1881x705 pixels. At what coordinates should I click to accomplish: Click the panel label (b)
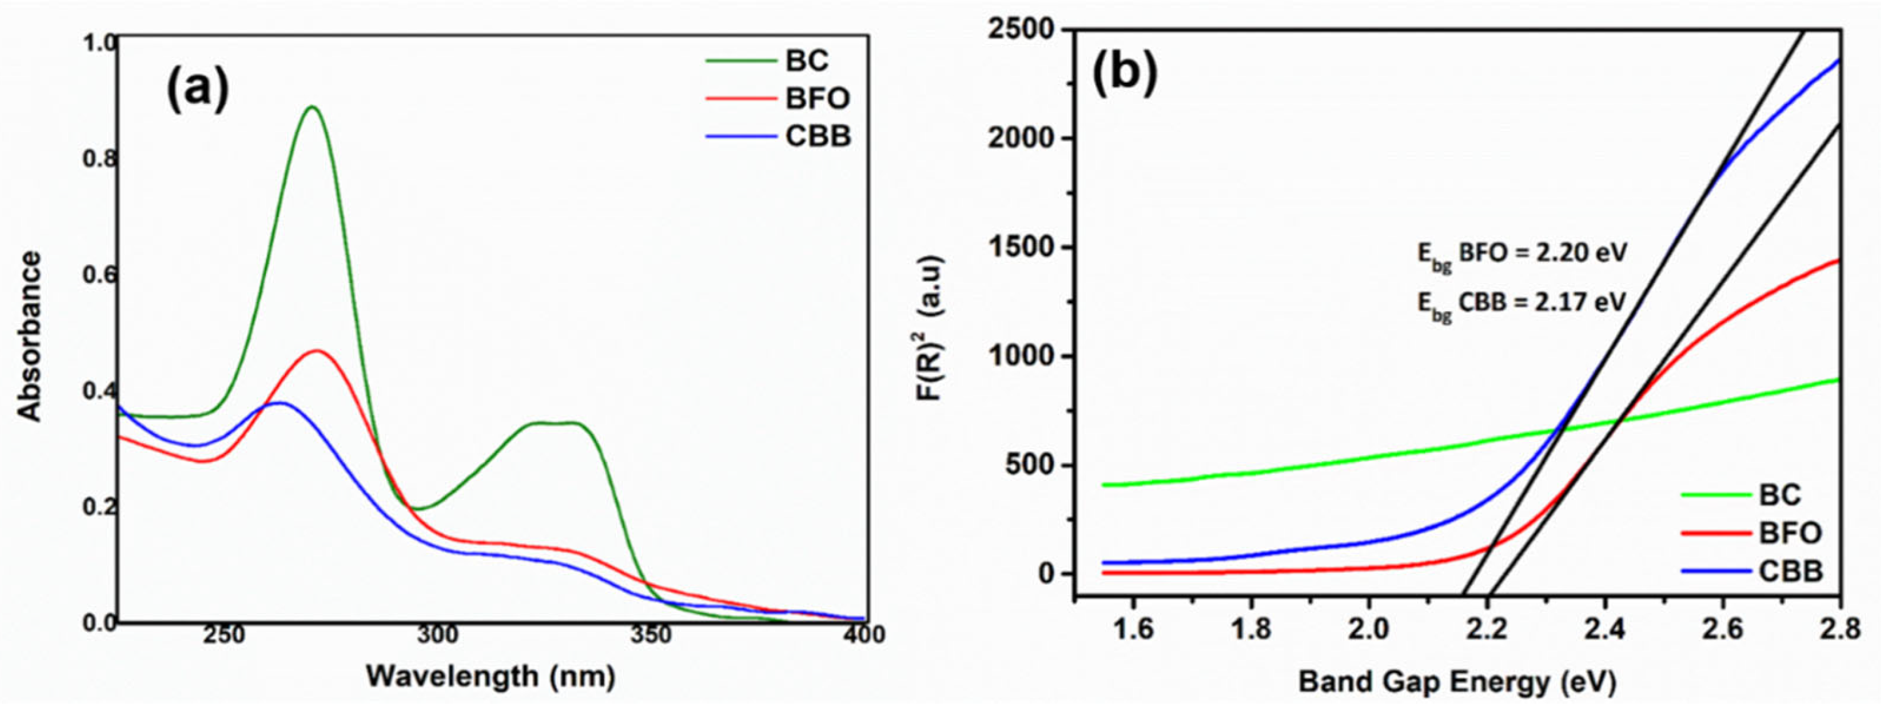click(1124, 73)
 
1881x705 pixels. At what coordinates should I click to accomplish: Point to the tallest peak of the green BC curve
click(312, 108)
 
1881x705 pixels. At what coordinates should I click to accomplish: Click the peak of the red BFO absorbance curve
click(317, 351)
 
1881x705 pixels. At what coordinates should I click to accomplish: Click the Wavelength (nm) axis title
click(490, 676)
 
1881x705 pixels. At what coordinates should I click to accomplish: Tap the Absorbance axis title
click(31, 336)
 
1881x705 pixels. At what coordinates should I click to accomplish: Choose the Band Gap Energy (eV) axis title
click(1457, 682)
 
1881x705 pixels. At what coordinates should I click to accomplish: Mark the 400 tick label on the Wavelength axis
click(864, 635)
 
